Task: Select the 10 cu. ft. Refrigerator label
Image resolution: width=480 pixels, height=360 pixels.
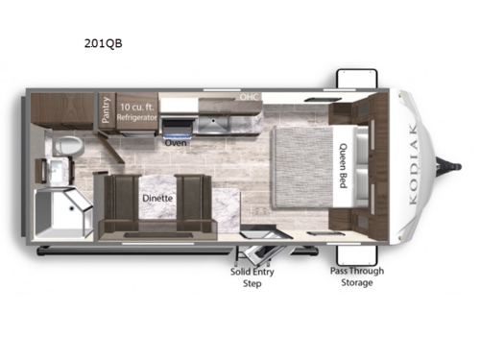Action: [x=137, y=108]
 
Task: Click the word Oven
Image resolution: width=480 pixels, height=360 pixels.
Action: [x=175, y=142]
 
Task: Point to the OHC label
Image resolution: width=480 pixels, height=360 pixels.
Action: [x=249, y=98]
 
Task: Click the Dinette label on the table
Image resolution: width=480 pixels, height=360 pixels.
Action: [x=157, y=199]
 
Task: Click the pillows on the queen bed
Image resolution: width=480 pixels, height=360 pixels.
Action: [x=358, y=163]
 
